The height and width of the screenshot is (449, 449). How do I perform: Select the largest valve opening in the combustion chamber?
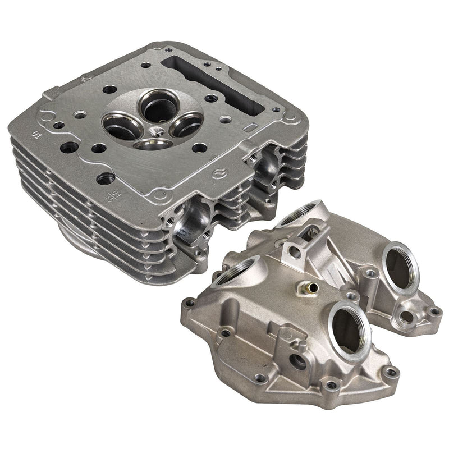pyautogui.click(x=155, y=107)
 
